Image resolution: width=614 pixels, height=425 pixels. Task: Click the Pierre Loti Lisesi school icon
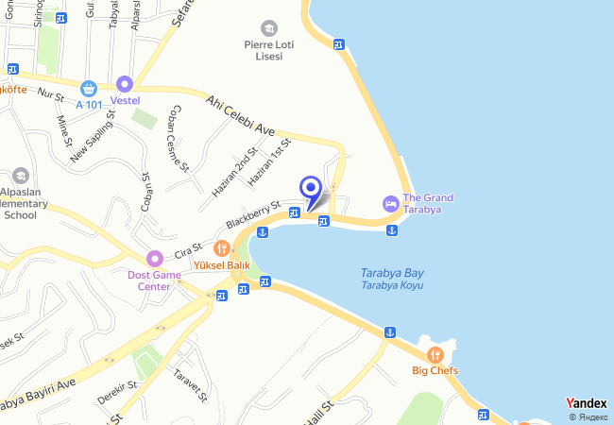click(x=270, y=28)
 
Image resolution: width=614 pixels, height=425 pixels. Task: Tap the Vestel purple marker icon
click(x=124, y=84)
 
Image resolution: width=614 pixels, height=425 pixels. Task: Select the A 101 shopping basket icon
click(x=89, y=88)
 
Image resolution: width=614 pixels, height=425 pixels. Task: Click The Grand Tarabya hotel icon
click(x=389, y=203)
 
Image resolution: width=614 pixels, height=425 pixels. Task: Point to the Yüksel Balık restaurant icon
click(x=221, y=248)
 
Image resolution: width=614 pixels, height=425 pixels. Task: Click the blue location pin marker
click(x=309, y=188)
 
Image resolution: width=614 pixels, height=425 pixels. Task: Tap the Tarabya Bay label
click(x=391, y=274)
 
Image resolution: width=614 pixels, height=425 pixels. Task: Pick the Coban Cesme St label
click(x=177, y=138)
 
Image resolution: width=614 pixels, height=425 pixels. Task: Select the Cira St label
click(x=191, y=249)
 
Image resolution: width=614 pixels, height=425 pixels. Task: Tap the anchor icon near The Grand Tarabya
click(x=391, y=230)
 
